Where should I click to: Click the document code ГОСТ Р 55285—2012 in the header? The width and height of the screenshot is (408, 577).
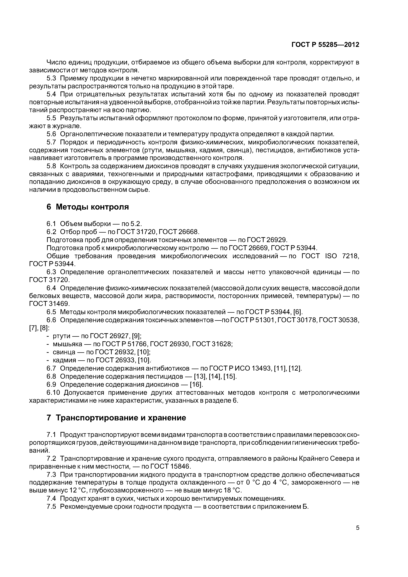pos(325,45)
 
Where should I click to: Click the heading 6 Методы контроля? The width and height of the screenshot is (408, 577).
pos(88,207)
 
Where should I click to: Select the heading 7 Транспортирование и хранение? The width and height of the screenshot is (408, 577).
pos(116,418)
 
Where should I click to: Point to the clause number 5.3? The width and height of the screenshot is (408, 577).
pos(51,78)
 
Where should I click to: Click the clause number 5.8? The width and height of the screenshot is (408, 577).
pos(51,166)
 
